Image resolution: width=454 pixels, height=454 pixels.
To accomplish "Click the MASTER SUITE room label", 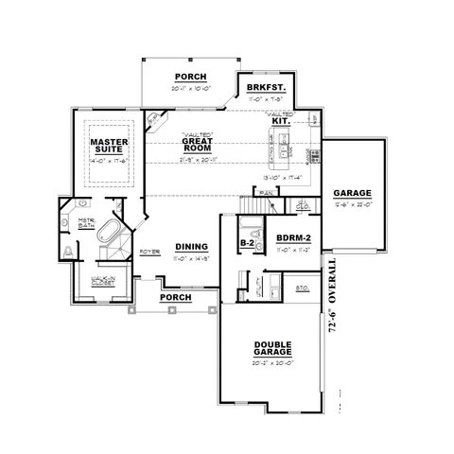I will [x=108, y=147].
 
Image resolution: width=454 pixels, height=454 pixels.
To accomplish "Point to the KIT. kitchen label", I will [x=280, y=122].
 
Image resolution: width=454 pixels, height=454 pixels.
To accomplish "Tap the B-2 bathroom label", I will [x=247, y=242].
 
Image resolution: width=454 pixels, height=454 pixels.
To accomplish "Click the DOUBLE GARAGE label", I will [x=271, y=349].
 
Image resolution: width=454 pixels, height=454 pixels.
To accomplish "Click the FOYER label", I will [x=148, y=252].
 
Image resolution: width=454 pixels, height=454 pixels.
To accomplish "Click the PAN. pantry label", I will [x=266, y=192].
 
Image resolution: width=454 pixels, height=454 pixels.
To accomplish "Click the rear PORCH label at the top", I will [x=190, y=77].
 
